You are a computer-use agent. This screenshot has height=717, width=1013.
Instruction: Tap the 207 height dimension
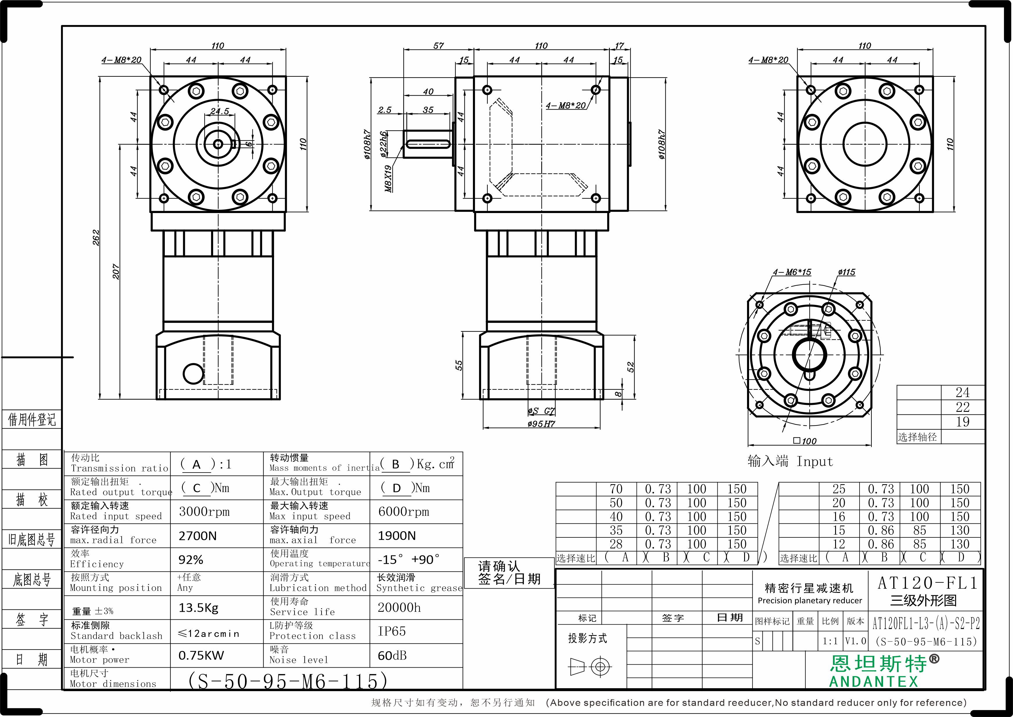116,271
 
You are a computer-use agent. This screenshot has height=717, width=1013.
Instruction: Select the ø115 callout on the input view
846,272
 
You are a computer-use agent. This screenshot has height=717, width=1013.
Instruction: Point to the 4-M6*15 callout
792,272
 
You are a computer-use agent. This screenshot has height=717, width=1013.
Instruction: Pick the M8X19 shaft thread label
388,178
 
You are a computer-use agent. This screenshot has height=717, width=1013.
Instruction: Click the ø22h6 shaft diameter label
384,144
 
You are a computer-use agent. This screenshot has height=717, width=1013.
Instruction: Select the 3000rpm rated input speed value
204,512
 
